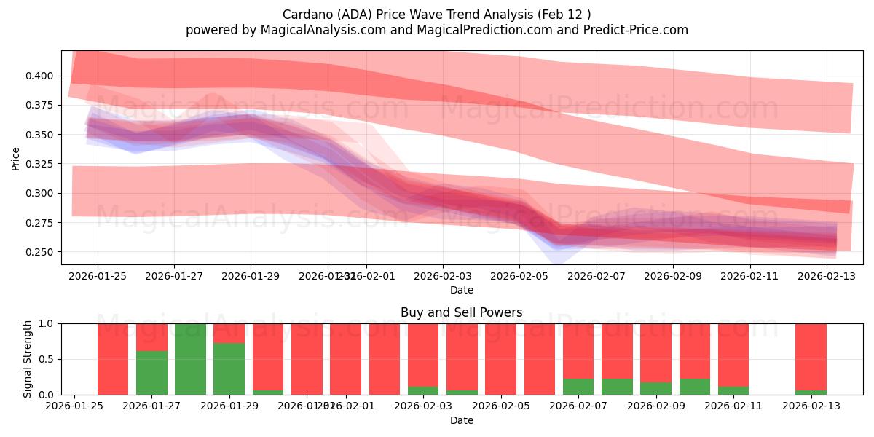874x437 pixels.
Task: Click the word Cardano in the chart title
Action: [x=304, y=14]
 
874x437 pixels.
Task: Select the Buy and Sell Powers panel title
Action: [x=461, y=312]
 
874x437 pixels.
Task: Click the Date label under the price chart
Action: [x=461, y=290]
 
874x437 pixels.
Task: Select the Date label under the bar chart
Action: [x=461, y=420]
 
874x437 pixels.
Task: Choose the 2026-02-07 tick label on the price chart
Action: [x=597, y=276]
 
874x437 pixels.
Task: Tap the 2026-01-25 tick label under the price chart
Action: [x=98, y=276]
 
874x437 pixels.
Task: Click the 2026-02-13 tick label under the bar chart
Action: [x=811, y=406]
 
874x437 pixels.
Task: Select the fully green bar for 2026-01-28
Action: [x=190, y=359]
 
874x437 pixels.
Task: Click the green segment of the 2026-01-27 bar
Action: [x=151, y=373]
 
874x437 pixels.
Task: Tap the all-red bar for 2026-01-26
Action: [x=113, y=359]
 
